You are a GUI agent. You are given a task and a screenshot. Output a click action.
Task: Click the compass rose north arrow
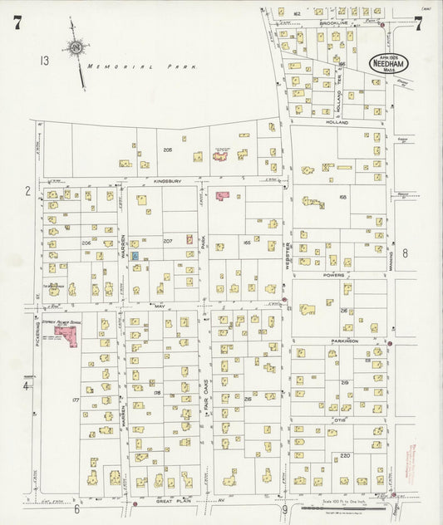click(76, 50)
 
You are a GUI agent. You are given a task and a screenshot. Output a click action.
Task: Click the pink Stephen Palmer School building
click(66, 335)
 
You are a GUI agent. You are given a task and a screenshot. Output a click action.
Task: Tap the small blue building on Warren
click(135, 257)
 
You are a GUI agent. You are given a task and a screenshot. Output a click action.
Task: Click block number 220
click(346, 455)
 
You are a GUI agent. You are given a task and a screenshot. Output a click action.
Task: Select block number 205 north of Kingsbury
click(167, 150)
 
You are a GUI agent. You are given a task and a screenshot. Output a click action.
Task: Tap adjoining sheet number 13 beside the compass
click(43, 60)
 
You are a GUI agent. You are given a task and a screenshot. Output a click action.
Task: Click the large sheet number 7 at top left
click(17, 23)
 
